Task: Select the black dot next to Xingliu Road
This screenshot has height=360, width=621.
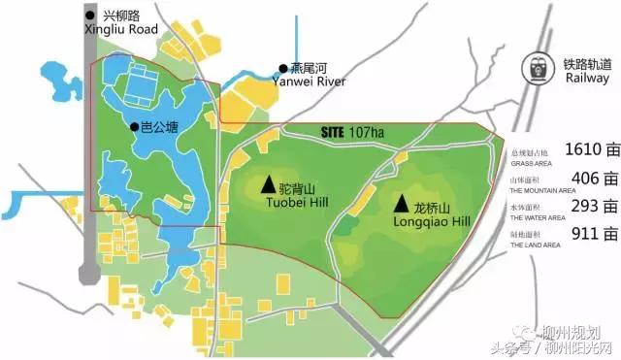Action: (x=90, y=16)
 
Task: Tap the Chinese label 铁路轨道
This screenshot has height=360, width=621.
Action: (x=587, y=64)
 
